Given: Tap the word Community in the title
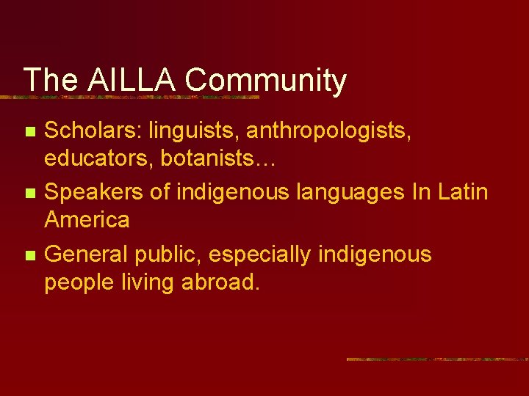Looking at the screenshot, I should click(265, 81).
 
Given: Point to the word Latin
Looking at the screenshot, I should click(461, 193).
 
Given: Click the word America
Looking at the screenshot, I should click(87, 219).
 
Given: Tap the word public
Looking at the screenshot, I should click(168, 255).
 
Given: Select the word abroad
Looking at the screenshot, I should click(223, 282).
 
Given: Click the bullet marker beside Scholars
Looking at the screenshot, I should click(29, 133).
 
